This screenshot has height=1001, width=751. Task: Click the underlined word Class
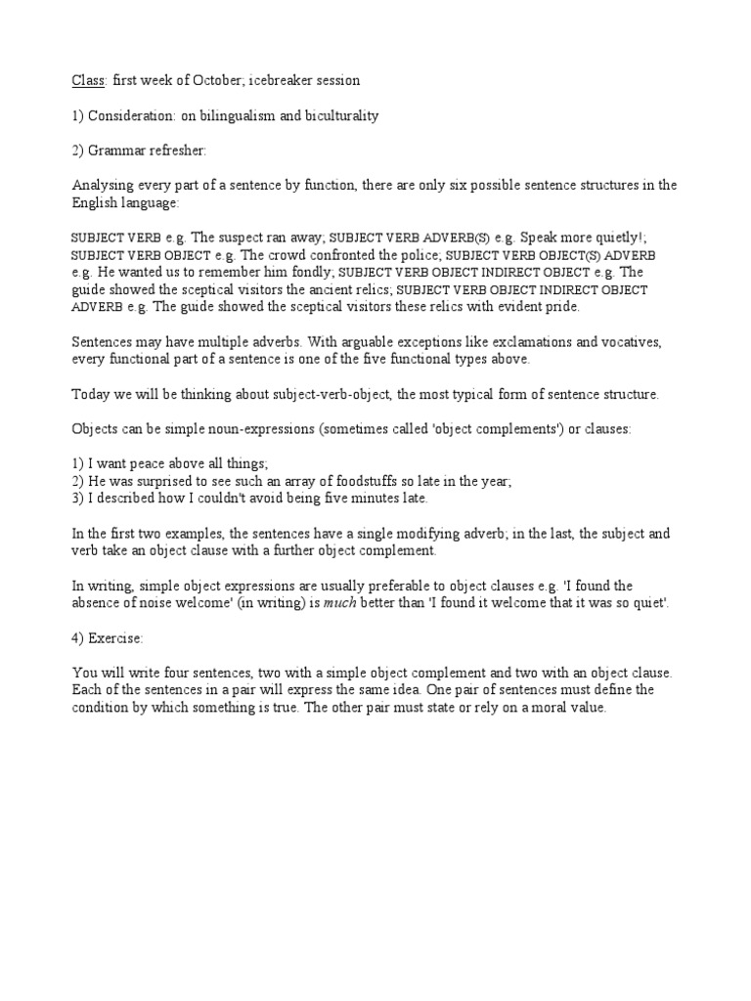pyautogui.click(x=88, y=79)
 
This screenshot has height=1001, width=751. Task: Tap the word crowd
pyautogui.click(x=248, y=254)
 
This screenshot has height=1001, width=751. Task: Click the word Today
pyautogui.click(x=91, y=394)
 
